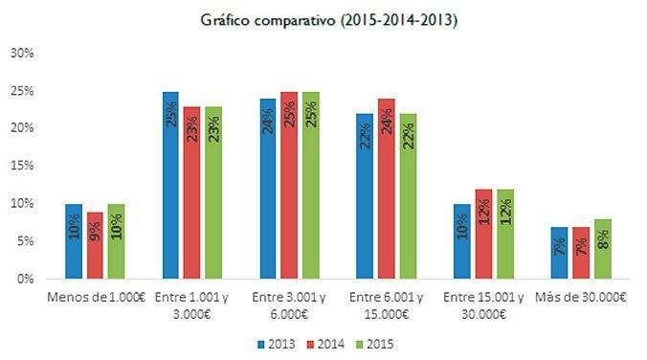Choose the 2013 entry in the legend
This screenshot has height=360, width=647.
(x=277, y=342)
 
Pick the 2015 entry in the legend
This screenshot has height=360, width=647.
(x=371, y=342)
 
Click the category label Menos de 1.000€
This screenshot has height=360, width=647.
(x=95, y=297)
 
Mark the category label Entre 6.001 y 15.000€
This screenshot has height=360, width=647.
(x=386, y=304)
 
